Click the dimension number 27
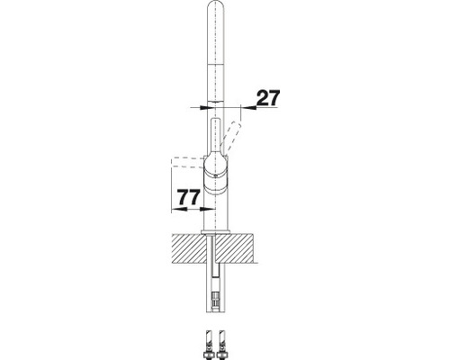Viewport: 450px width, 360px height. (x=269, y=98)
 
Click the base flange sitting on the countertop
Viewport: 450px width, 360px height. (x=216, y=232)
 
